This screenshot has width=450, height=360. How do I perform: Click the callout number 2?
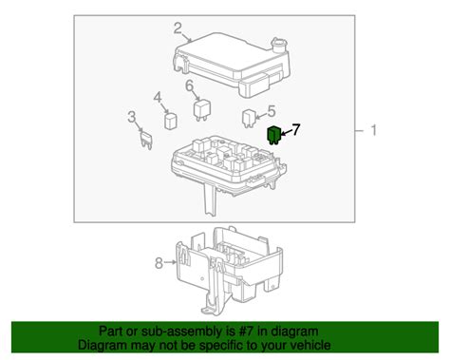[178, 28]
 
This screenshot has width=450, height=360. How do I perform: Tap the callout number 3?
[132, 117]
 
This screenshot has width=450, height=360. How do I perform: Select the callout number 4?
[158, 98]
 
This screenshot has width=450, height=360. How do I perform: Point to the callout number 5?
[272, 111]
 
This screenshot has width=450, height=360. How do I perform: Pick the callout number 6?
[189, 85]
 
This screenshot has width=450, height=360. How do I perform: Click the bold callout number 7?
[295, 129]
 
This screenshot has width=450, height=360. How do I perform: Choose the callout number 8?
[159, 262]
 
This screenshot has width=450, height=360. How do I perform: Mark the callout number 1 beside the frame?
[374, 130]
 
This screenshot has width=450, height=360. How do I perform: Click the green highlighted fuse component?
[273, 136]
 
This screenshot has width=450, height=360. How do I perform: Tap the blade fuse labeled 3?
[146, 141]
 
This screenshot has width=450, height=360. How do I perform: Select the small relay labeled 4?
[171, 121]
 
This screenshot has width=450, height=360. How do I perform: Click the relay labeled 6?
[201, 110]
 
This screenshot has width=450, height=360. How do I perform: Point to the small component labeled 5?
[249, 118]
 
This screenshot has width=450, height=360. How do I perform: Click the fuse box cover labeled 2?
[233, 64]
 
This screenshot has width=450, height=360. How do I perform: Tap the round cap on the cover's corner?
[279, 45]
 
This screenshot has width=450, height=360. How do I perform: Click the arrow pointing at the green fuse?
[286, 133]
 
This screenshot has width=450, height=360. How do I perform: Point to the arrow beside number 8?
[170, 262]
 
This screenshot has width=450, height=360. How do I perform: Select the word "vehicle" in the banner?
[311, 345]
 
